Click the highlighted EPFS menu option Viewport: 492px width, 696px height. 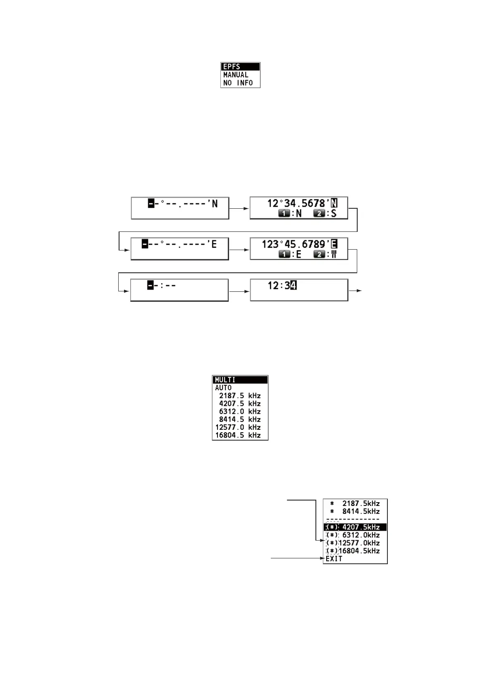click(240, 67)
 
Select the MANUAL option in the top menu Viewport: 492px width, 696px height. click(236, 75)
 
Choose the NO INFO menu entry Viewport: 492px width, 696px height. click(238, 83)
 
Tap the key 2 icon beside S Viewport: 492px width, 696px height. click(319, 214)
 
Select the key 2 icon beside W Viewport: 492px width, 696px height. click(319, 255)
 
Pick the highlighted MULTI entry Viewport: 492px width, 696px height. click(240, 380)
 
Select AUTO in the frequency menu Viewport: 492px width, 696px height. click(223, 388)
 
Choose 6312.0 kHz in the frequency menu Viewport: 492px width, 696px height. click(240, 411)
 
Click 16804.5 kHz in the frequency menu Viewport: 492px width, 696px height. click(238, 435)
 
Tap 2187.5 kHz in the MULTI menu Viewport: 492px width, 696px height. click(240, 396)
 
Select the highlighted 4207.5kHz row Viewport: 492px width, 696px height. click(355, 527)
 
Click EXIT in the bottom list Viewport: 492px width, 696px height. click(334, 559)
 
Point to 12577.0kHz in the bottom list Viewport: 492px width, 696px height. click(359, 543)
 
